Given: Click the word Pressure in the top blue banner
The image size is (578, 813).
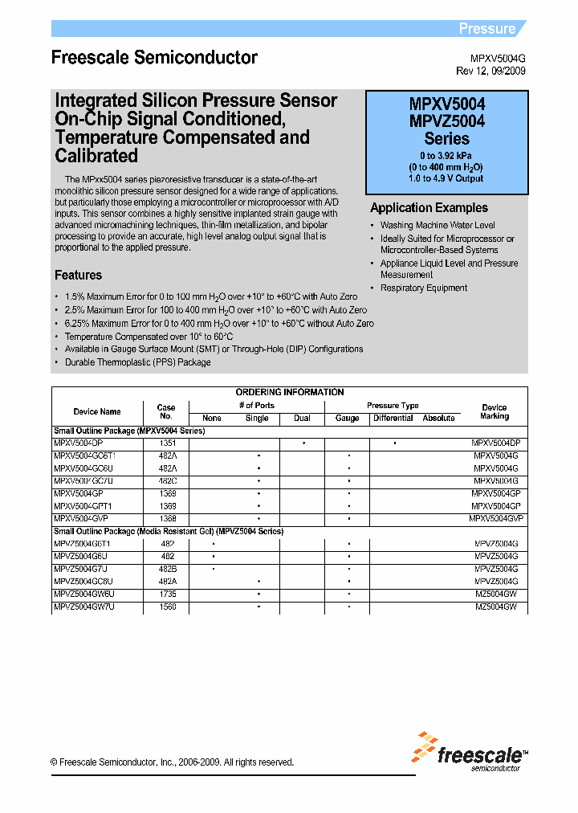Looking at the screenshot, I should click(486, 29).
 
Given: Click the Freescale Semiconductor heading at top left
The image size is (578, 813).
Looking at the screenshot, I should click(154, 58).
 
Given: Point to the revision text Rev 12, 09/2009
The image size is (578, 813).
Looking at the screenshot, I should click(490, 71).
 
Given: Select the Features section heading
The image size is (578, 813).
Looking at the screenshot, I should click(78, 275).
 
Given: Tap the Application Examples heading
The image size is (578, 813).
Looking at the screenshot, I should click(429, 208).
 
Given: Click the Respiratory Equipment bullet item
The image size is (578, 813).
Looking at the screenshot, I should click(423, 288).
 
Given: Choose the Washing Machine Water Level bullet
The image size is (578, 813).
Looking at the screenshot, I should click(438, 226).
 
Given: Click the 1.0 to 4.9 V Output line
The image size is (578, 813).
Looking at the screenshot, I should click(446, 178).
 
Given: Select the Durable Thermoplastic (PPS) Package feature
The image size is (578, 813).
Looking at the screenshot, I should click(137, 362).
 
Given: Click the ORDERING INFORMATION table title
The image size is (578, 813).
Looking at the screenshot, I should click(290, 392).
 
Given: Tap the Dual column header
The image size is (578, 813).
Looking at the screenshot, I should click(303, 418).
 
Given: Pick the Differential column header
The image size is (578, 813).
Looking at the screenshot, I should click(393, 418).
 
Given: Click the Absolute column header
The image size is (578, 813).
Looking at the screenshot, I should click(438, 418).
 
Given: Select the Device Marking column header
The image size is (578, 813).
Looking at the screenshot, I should click(495, 411).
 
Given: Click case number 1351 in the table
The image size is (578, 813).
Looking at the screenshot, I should click(167, 443).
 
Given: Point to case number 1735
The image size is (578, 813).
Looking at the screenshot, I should click(167, 594).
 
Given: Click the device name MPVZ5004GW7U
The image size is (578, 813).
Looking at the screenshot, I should click(84, 607).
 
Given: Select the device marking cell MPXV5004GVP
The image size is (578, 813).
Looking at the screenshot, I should click(496, 518).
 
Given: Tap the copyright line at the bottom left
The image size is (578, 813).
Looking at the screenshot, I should click(172, 762).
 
